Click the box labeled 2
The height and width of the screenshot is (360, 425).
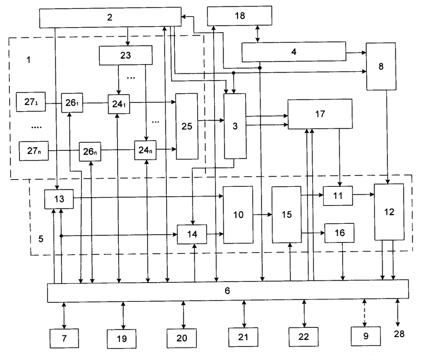pyautogui.click(x=110, y=17)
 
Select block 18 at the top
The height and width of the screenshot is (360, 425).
pyautogui.click(x=240, y=16)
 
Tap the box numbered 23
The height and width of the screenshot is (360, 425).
pyautogui.click(x=125, y=55)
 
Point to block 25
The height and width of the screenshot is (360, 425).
pyautogui.click(x=187, y=126)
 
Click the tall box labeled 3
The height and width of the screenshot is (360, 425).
pyautogui.click(x=235, y=126)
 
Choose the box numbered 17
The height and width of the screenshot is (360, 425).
pyautogui.click(x=320, y=114)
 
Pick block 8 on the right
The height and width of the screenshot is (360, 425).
pyautogui.click(x=381, y=66)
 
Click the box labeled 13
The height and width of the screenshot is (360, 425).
pyautogui.click(x=59, y=199)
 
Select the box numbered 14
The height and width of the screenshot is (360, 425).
pyautogui.click(x=192, y=234)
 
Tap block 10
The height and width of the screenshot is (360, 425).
pyautogui.click(x=238, y=215)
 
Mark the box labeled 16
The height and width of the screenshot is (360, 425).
pyautogui.click(x=339, y=233)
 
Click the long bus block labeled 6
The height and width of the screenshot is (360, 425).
pyautogui.click(x=228, y=291)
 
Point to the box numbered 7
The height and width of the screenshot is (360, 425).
pyautogui.click(x=64, y=338)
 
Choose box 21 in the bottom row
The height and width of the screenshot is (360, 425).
pyautogui.click(x=243, y=337)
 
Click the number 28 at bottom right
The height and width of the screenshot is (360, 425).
pyautogui.click(x=399, y=334)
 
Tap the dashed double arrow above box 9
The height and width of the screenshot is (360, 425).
pyautogui.click(x=365, y=313)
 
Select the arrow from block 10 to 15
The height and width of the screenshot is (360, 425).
pyautogui.click(x=263, y=215)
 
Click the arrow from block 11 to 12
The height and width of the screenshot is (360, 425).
pyautogui.click(x=363, y=194)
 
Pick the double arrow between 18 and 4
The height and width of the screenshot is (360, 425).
pyautogui.click(x=258, y=34)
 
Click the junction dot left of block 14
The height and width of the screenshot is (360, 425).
pyautogui.click(x=61, y=236)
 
